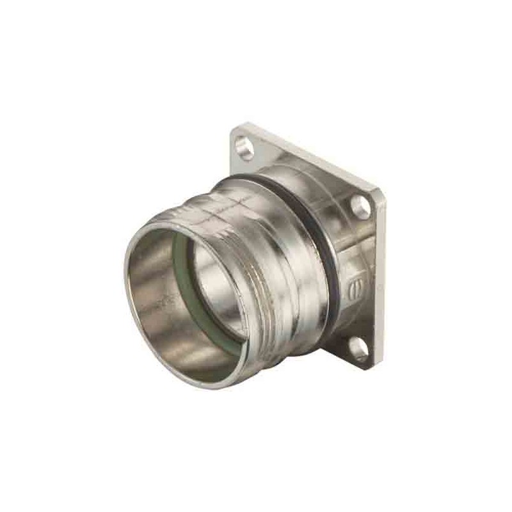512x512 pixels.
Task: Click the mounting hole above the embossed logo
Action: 360,206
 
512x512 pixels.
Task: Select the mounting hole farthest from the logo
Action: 243,147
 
